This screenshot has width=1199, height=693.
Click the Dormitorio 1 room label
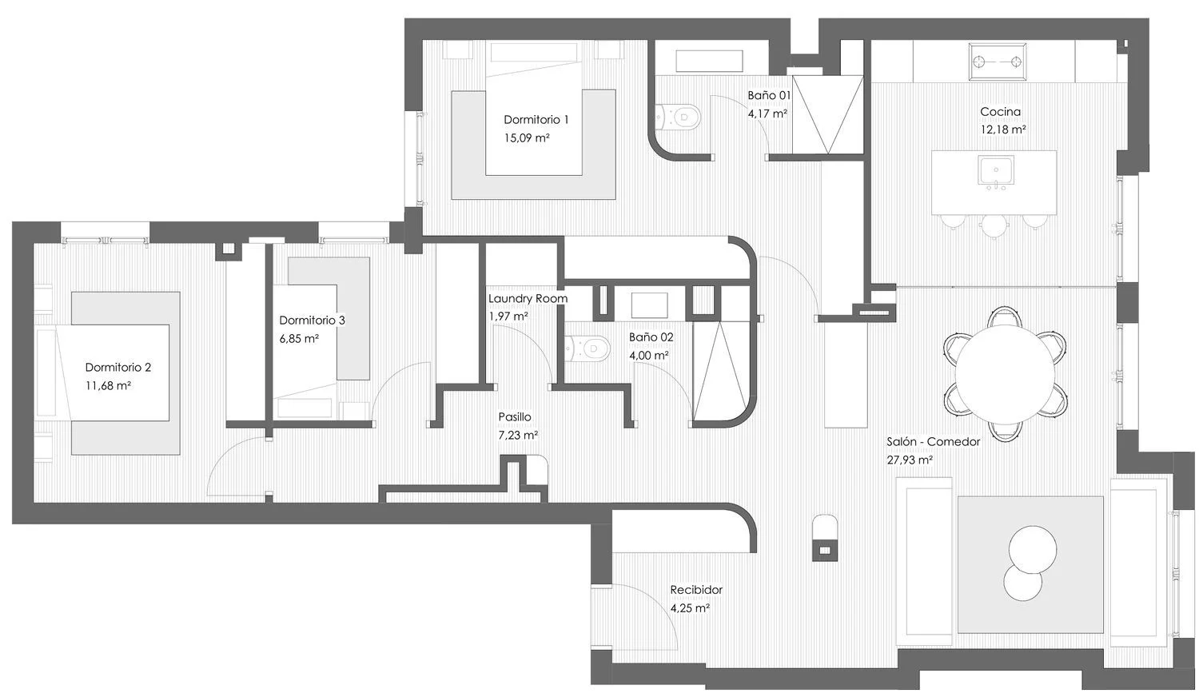(536, 120)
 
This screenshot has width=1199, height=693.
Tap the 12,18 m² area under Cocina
(1002, 129)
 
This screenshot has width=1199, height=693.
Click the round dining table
(1005, 373)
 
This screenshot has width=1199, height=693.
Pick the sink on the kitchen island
(996, 171)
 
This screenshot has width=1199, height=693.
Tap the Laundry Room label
(528, 299)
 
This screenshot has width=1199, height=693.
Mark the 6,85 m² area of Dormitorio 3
(299, 339)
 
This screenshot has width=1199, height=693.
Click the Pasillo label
(515, 417)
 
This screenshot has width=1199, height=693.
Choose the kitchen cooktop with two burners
(997, 62)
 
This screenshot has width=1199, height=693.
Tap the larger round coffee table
(1033, 550)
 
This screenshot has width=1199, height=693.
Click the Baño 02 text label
(651, 337)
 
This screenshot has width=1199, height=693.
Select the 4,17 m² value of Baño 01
(767, 114)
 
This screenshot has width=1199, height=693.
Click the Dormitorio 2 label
(118, 368)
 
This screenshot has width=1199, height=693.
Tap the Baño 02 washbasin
(649, 305)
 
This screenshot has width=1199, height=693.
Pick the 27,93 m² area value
(910, 460)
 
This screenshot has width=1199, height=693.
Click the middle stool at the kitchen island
(994, 225)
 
